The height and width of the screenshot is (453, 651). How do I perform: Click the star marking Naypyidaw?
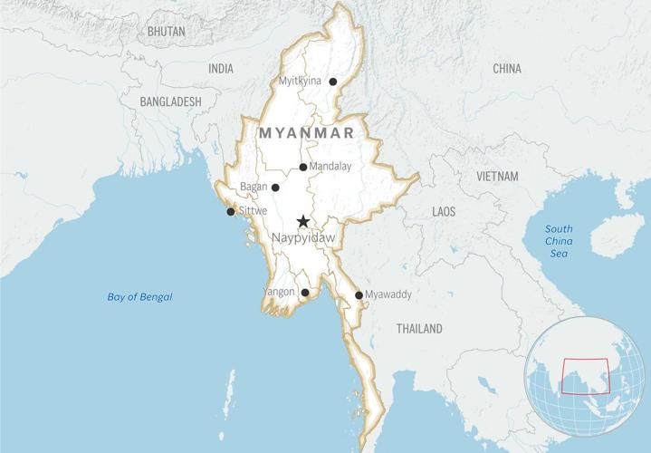[303, 221]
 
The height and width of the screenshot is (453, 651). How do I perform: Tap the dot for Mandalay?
[303, 167]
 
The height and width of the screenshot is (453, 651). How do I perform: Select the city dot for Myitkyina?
[333, 82]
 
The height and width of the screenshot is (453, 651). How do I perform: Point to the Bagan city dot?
[275, 188]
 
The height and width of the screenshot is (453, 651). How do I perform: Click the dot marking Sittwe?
[231, 212]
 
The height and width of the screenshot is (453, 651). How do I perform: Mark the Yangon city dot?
[305, 293]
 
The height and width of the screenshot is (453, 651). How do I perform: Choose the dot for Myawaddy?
[359, 295]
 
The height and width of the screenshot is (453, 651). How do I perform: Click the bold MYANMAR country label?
[305, 132]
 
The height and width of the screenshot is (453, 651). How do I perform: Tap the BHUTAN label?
[166, 31]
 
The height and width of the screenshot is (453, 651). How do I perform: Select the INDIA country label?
[220, 69]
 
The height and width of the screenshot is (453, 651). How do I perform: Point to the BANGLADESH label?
[170, 102]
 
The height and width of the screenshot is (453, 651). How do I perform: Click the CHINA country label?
[507, 69]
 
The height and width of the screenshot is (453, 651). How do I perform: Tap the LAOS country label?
[444, 211]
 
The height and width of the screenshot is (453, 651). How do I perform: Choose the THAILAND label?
[419, 329]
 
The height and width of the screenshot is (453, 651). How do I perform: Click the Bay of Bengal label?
[139, 297]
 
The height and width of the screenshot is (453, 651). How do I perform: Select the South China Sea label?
[558, 242]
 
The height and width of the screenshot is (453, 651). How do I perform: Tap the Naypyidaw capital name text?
[303, 237]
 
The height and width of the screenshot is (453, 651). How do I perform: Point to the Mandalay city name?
[330, 167]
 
